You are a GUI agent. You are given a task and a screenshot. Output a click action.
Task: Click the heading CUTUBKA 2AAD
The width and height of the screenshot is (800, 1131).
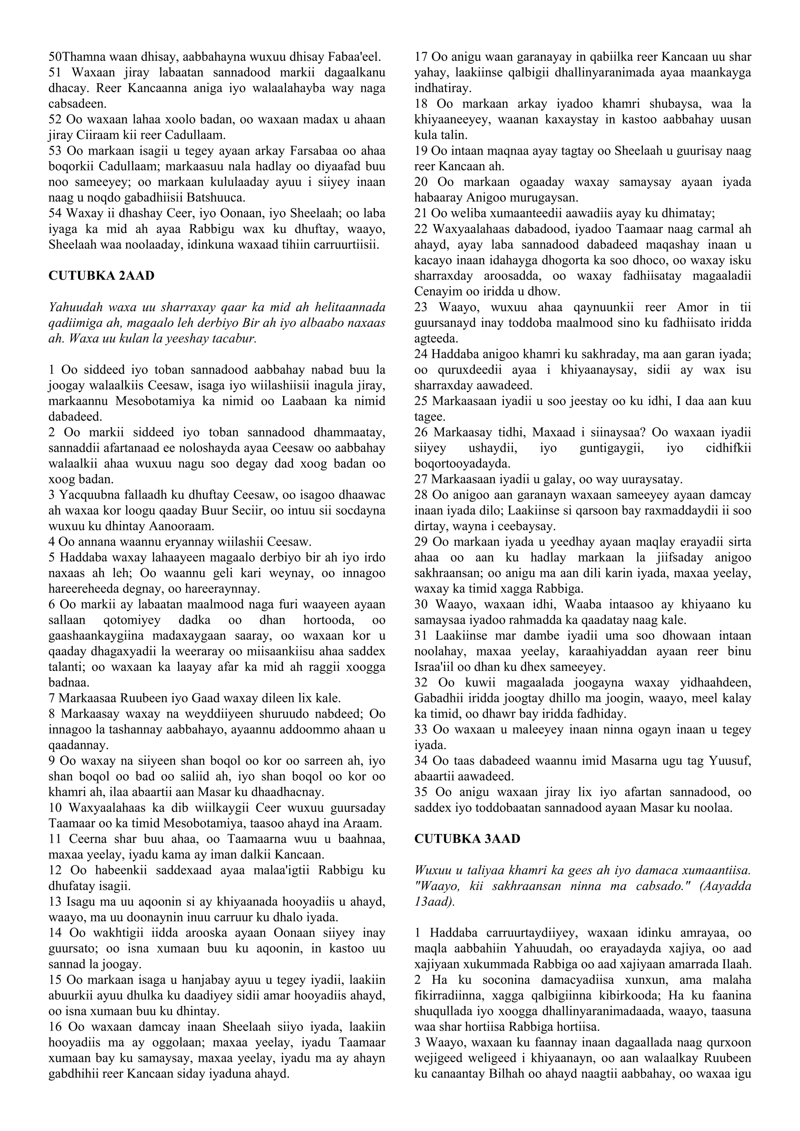pyautogui.click(x=101, y=276)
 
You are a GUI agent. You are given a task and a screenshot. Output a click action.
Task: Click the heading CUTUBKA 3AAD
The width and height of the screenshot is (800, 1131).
pyautogui.click(x=467, y=839)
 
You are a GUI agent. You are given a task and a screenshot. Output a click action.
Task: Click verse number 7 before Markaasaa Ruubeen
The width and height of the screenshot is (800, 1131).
pyautogui.click(x=52, y=698)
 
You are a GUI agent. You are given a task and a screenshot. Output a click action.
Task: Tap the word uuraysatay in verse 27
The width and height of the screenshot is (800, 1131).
pyautogui.click(x=648, y=479)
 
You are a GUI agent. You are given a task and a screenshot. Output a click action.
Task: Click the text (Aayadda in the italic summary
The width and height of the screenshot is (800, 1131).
pyautogui.click(x=724, y=886)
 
